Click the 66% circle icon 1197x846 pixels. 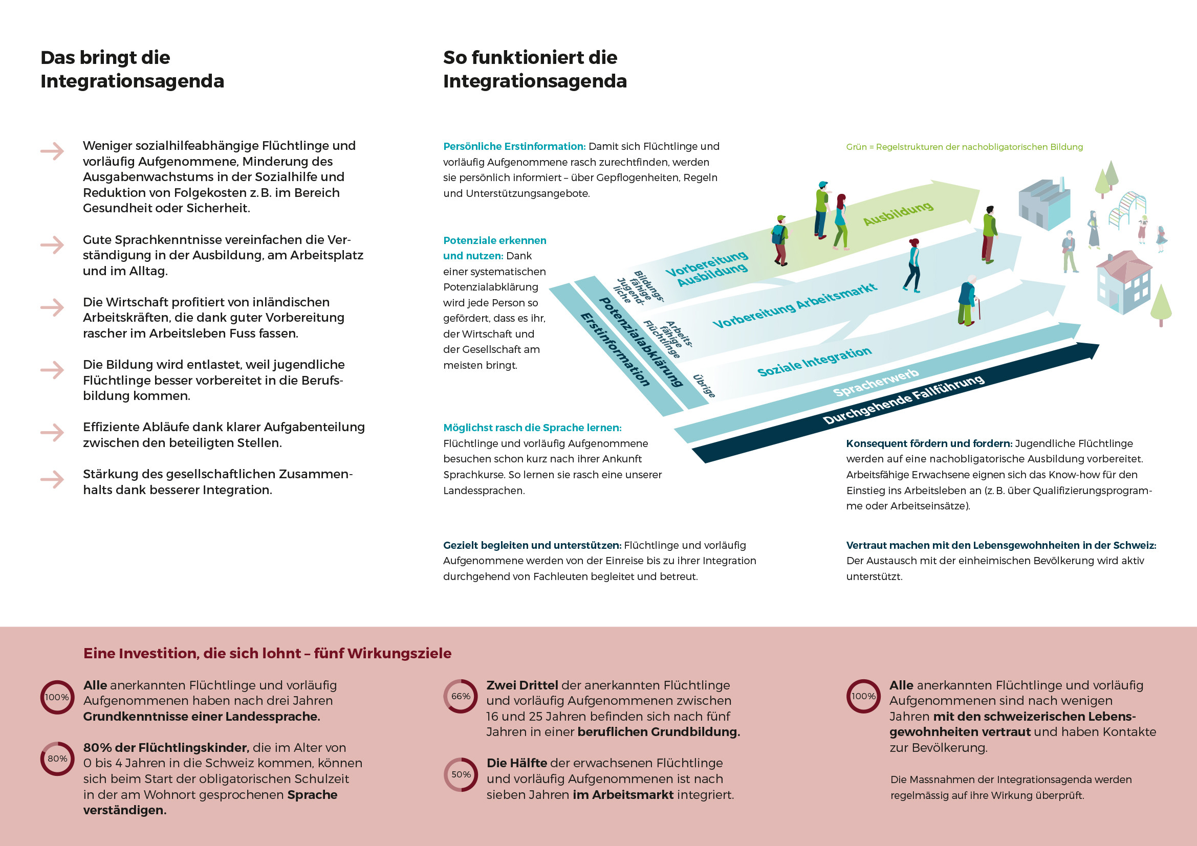[x=461, y=696]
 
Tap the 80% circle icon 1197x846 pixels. [x=57, y=759]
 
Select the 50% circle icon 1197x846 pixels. [x=461, y=774]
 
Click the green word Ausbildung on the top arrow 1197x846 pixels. [x=898, y=214]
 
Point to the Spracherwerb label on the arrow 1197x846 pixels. [x=875, y=383]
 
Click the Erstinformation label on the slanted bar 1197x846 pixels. [x=615, y=349]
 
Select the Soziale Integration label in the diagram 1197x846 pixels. [x=814, y=362]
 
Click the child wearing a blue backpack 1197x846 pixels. [x=780, y=239]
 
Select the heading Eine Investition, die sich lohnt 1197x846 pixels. [x=267, y=653]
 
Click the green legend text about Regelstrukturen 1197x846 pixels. [x=964, y=147]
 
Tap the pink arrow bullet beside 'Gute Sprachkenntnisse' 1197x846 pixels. [x=52, y=245]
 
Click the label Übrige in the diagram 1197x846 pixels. [x=704, y=386]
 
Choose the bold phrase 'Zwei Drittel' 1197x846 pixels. [x=522, y=685]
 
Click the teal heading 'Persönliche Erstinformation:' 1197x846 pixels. [x=514, y=146]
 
